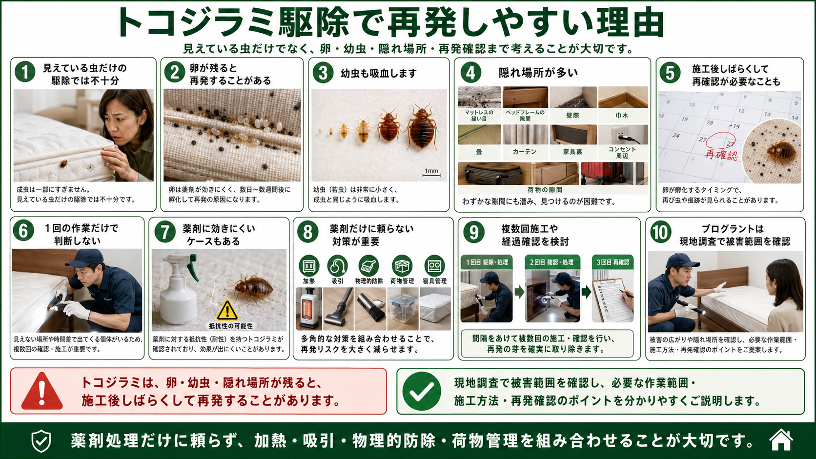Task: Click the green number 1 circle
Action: pos(25,72)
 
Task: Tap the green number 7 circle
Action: pos(165,232)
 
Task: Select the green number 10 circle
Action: pos(660,232)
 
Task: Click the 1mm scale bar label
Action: pos(431,171)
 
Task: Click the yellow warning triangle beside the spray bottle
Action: pos(227,311)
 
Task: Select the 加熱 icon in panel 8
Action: pos(309,266)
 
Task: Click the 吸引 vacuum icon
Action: pos(337,266)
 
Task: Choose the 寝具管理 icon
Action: pos(434,266)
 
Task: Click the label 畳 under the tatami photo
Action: pos(479,152)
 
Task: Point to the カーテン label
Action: pos(525,152)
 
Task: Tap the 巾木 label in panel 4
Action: pos(622,116)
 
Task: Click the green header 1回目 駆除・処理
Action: pos(487,262)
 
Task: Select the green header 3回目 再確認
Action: pos(612,262)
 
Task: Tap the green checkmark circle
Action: pos(422,391)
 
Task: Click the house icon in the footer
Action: pos(781,440)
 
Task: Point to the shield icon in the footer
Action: pos(41,441)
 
